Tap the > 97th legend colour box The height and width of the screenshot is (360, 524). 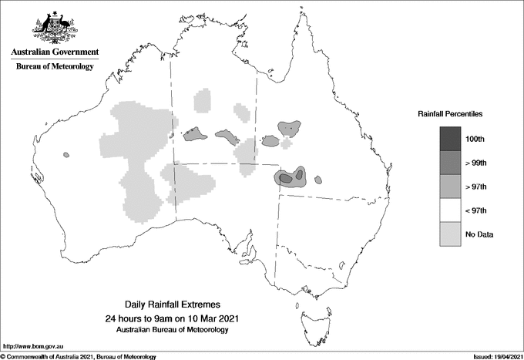click(x=451, y=186)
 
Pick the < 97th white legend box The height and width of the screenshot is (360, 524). click(x=451, y=210)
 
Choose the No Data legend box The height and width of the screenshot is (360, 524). click(x=451, y=234)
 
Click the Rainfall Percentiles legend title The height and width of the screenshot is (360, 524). click(x=450, y=113)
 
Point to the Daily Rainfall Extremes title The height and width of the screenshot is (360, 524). click(x=171, y=305)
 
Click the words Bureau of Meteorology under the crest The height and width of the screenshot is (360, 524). click(x=55, y=67)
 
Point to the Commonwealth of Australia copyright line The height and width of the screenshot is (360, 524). click(x=78, y=356)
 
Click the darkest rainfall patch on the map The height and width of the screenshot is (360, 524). click(x=285, y=178)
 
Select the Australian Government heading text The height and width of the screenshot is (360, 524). click(x=55, y=52)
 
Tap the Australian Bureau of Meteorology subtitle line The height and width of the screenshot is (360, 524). click(x=171, y=329)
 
